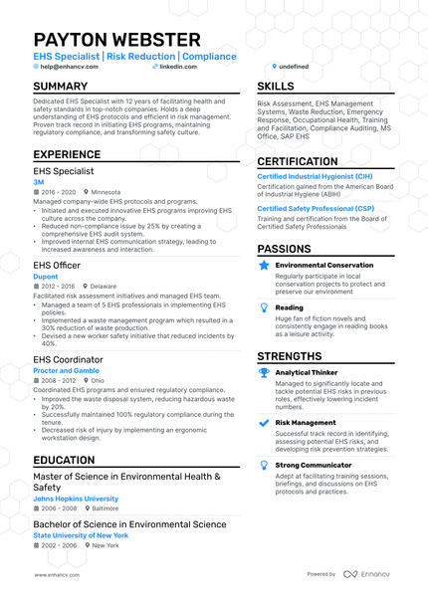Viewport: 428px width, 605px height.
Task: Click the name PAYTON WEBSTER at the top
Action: tap(116, 40)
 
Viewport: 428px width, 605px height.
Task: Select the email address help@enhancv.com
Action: tap(69, 66)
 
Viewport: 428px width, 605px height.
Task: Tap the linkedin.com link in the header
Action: tap(178, 66)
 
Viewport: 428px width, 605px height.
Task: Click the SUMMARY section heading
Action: tap(61, 87)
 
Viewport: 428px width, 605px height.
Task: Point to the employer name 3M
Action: tap(39, 182)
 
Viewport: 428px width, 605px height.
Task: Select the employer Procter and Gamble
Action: tap(66, 370)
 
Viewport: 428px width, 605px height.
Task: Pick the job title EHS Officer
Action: tap(57, 265)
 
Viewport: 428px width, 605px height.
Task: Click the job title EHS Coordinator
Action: tap(68, 359)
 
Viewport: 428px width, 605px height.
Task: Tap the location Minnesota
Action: tap(106, 192)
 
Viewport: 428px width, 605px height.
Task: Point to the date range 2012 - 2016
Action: tap(57, 286)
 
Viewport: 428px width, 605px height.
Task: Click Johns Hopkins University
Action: tap(76, 499)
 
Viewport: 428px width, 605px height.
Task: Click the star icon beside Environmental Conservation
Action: tap(264, 266)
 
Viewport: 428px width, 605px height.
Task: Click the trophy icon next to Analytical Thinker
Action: tap(264, 372)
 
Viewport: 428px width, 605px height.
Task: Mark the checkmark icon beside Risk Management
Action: tap(264, 422)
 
